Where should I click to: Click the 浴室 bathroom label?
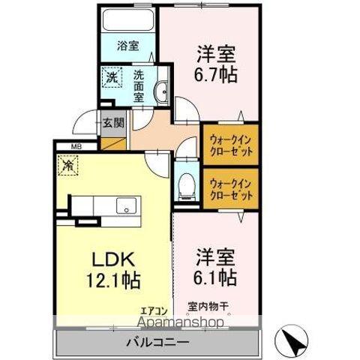(127, 46)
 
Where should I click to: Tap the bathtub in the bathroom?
(127, 20)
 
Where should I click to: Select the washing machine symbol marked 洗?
(112, 76)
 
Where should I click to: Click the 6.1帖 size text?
(217, 277)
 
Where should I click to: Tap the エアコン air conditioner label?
(151, 308)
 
